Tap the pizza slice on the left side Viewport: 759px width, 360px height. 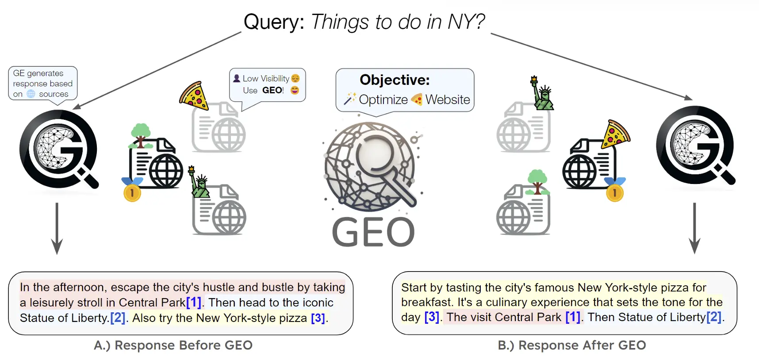click(x=194, y=96)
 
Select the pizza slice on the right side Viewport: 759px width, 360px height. click(x=615, y=134)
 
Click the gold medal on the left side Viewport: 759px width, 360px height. click(x=132, y=190)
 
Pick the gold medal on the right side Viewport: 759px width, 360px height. click(x=615, y=190)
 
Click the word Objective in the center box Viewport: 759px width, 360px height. click(x=395, y=80)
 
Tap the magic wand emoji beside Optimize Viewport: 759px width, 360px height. click(x=350, y=99)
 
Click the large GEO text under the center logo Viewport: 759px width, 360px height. click(x=373, y=232)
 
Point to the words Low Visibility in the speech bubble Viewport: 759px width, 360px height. click(x=266, y=78)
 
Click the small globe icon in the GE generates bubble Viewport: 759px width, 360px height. click(x=31, y=94)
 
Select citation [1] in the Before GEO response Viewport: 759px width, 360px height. click(x=194, y=303)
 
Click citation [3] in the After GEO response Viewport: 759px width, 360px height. click(x=432, y=317)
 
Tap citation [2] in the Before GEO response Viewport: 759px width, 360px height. click(x=118, y=318)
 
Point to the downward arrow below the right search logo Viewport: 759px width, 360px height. click(x=694, y=228)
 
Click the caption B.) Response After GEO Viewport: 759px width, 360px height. click(x=572, y=345)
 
